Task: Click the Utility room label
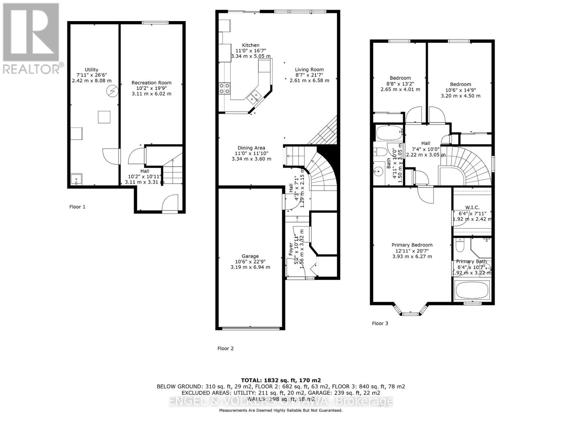[91, 70]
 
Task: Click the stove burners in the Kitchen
[225, 88]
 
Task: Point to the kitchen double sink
[254, 96]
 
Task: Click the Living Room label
[309, 70]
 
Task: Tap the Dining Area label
[251, 148]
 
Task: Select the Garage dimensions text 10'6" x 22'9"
[250, 262]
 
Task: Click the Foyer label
[291, 249]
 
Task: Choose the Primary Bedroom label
[412, 245]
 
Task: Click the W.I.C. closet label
[472, 207]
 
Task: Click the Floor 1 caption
[77, 207]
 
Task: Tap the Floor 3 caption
[380, 323]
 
